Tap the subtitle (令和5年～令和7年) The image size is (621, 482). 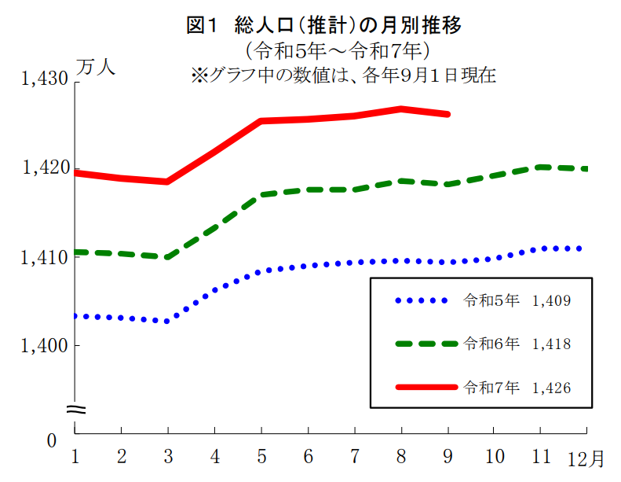(x=336, y=52)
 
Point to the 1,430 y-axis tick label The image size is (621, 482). (x=46, y=79)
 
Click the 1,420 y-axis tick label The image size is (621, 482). (x=46, y=167)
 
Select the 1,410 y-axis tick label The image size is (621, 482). (x=46, y=256)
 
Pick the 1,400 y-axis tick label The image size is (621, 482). (x=46, y=345)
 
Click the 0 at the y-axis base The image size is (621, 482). (x=52, y=441)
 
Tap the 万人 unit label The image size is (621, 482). (x=97, y=68)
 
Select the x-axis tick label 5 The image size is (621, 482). (x=261, y=456)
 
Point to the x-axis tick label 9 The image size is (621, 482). (x=447, y=456)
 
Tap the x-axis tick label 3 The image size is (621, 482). (x=168, y=456)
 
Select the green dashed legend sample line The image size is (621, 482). (x=426, y=344)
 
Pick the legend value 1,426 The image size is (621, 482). (x=550, y=388)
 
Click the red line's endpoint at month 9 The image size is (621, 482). (x=447, y=114)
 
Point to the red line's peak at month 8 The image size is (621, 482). (x=401, y=109)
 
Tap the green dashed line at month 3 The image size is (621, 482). (x=168, y=257)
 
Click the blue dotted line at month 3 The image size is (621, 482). (x=168, y=321)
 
